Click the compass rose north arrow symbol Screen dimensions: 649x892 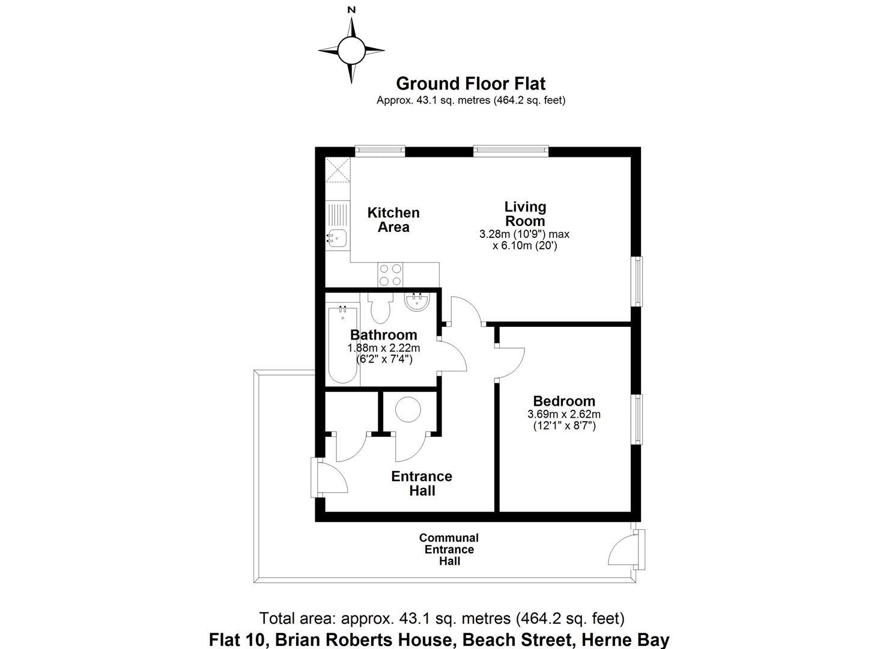pyautogui.click(x=351, y=49)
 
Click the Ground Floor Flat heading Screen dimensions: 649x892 pyautogui.click(x=470, y=84)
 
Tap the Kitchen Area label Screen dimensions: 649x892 pyautogui.click(x=393, y=220)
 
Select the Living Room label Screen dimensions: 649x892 pyautogui.click(x=525, y=214)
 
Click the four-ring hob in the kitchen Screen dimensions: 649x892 pyautogui.click(x=390, y=275)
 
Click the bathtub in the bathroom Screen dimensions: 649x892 pyautogui.click(x=343, y=345)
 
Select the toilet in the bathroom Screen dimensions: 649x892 pyautogui.click(x=380, y=307)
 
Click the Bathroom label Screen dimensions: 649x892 pyautogui.click(x=383, y=335)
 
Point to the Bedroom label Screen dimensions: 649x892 pyautogui.click(x=564, y=401)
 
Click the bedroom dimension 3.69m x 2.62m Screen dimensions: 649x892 pyautogui.click(x=564, y=414)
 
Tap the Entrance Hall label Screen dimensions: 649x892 pyautogui.click(x=422, y=483)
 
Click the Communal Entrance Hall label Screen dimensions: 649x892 pyautogui.click(x=449, y=549)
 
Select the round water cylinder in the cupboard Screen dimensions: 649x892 pyautogui.click(x=408, y=410)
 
